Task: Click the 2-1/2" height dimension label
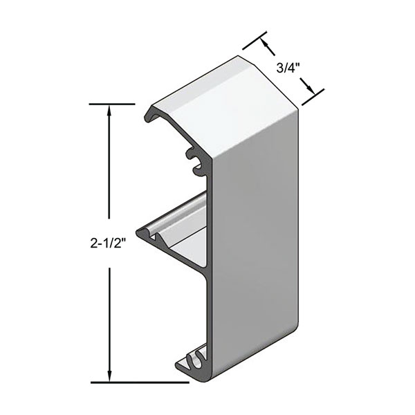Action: click(x=111, y=243)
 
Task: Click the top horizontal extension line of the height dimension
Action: click(x=111, y=104)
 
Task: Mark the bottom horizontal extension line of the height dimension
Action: click(x=138, y=382)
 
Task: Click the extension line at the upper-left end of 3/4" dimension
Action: click(x=253, y=40)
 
